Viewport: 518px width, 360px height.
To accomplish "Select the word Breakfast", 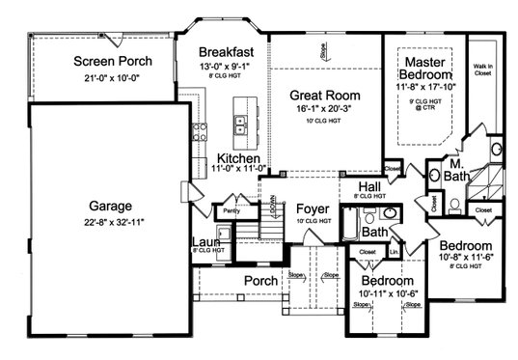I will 226,51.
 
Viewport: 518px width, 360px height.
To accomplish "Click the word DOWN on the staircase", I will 273,207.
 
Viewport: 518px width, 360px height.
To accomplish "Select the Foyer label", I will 313,208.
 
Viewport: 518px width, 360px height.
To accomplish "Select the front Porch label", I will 260,281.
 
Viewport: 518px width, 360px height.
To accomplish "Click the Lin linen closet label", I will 395,252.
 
